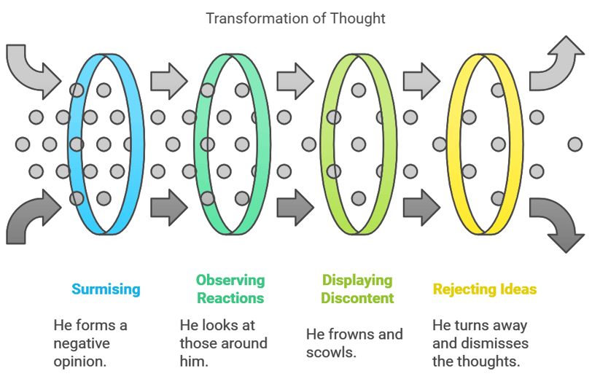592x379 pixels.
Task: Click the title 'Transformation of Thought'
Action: [x=295, y=18]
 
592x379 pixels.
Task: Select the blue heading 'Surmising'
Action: [x=106, y=289]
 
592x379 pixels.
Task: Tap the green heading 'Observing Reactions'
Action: [x=230, y=289]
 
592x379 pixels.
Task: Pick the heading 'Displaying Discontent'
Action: [x=357, y=289]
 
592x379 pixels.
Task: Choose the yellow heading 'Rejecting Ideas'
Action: [x=485, y=289]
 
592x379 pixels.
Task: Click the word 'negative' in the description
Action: [x=82, y=343]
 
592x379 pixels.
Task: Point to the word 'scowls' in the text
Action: [x=330, y=352]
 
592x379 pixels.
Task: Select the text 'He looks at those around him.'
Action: [x=224, y=343]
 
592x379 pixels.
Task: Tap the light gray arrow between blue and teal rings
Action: [x=168, y=81]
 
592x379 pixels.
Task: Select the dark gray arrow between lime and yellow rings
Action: [x=421, y=208]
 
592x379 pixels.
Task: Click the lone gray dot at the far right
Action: [x=575, y=144]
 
